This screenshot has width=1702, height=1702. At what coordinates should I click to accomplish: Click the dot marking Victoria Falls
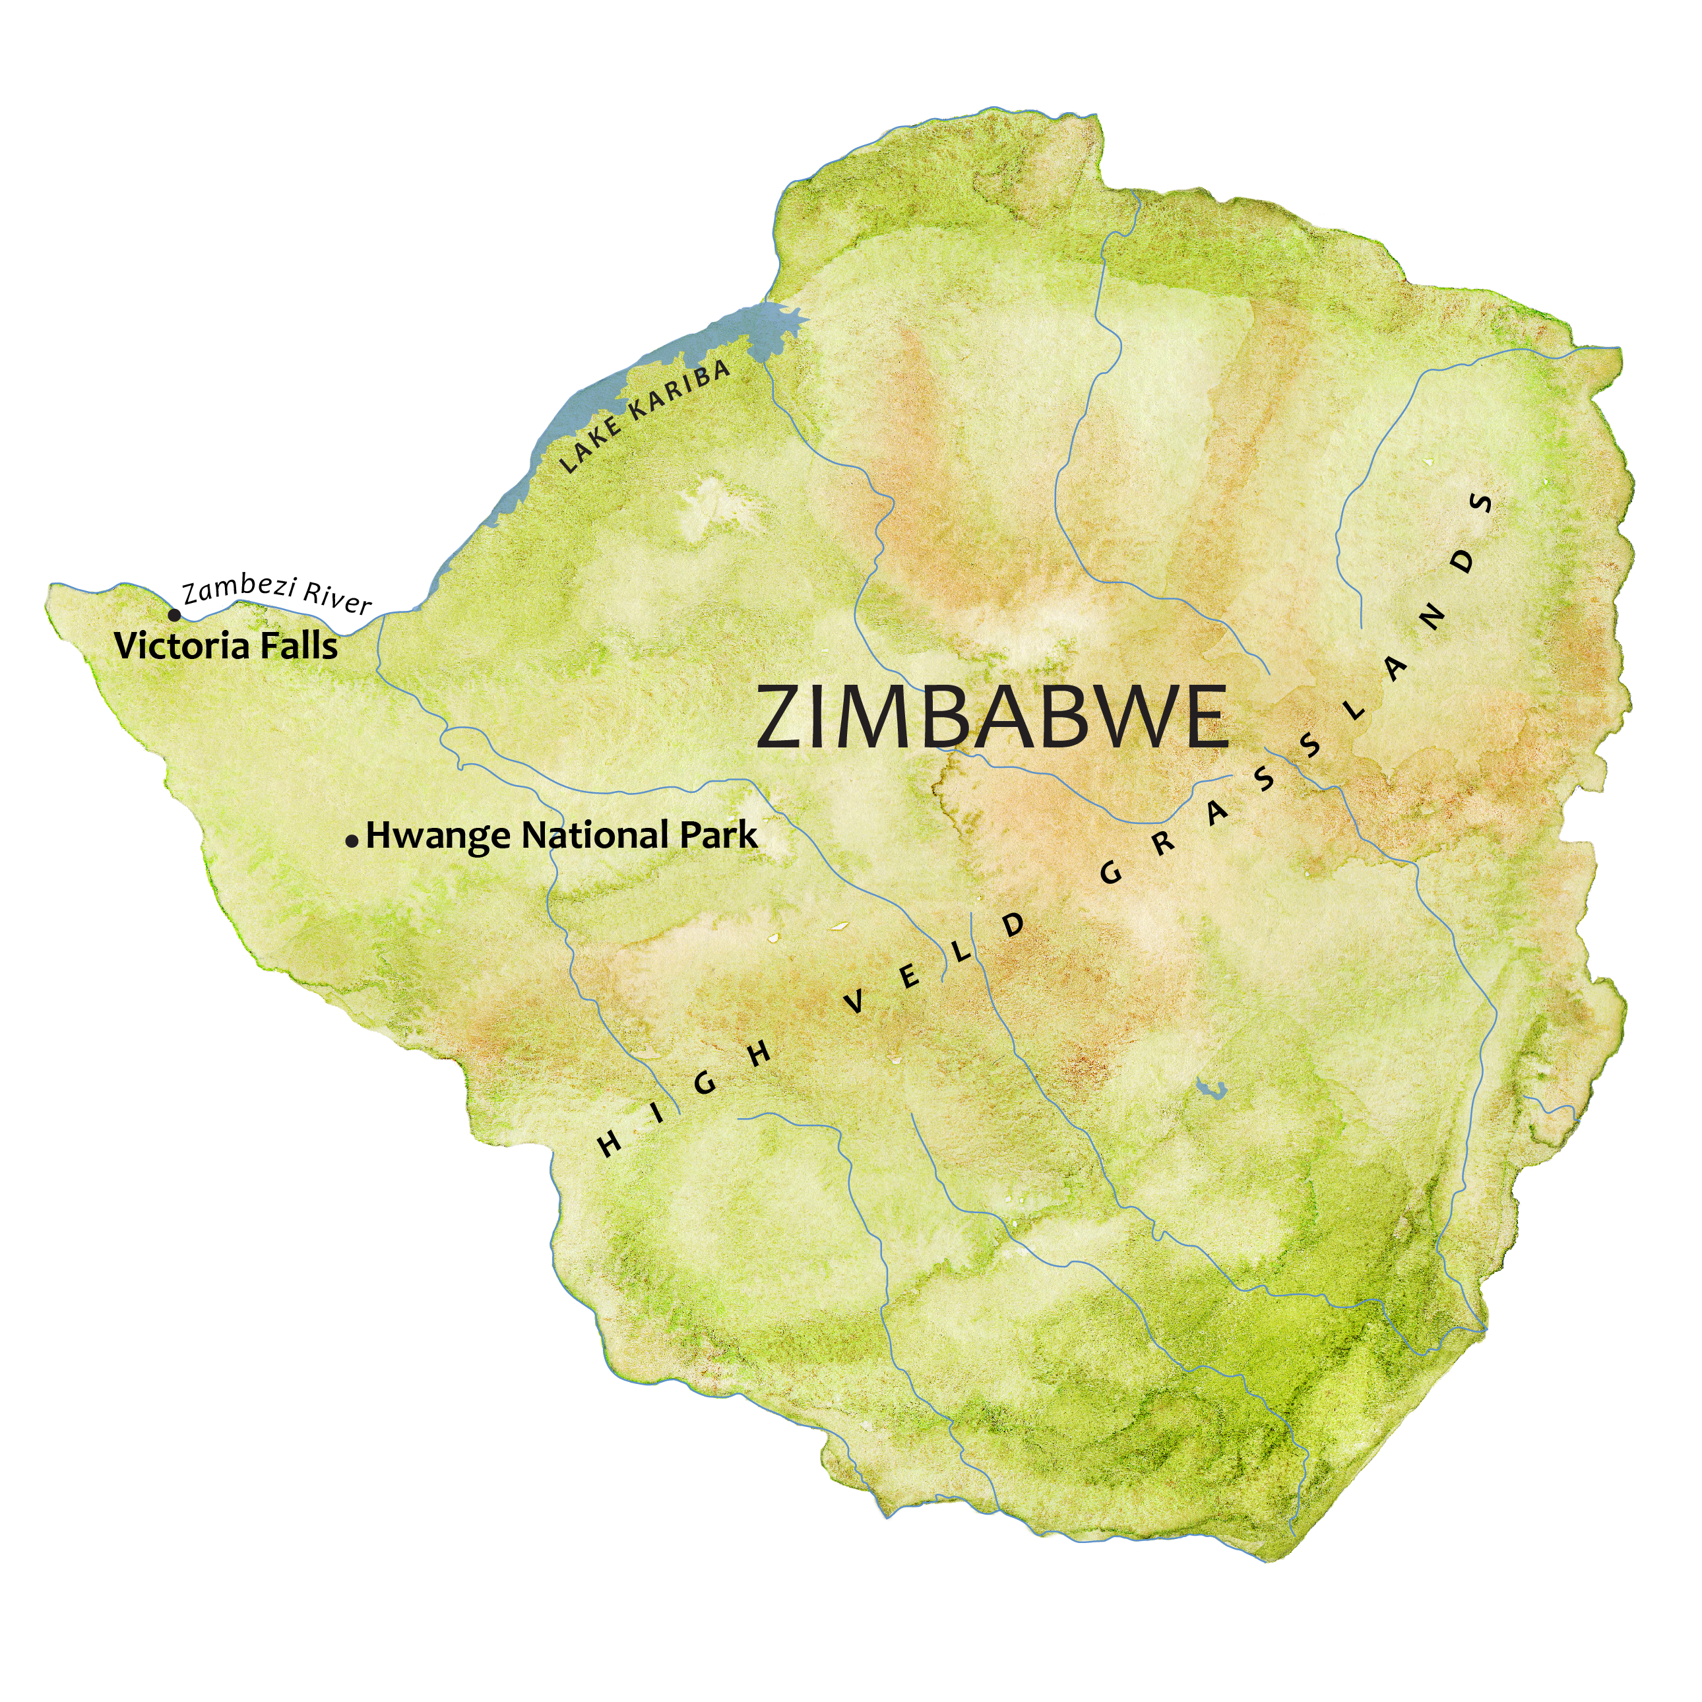pos(174,615)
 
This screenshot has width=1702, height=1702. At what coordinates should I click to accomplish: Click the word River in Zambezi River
pos(336,598)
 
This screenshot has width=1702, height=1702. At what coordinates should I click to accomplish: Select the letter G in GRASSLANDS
pos(1112,873)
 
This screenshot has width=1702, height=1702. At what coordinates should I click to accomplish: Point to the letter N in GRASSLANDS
pos(1432,620)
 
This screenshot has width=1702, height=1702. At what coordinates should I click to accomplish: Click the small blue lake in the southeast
pos(1213,1090)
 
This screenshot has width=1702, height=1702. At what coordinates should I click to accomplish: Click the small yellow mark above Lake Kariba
pos(772,273)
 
